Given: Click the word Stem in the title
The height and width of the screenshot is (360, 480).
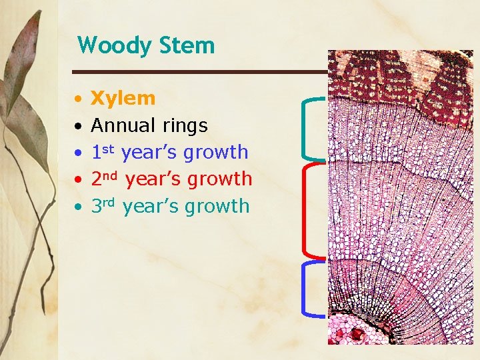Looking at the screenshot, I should coord(187,46).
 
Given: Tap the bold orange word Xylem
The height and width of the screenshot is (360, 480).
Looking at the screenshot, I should coord(123,99).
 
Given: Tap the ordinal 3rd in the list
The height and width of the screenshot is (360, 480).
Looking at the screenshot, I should coord(104,206).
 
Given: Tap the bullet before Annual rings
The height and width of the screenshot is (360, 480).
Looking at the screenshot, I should coord(78,126).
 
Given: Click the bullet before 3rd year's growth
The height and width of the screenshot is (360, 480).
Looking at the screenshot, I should coord(78,207).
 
